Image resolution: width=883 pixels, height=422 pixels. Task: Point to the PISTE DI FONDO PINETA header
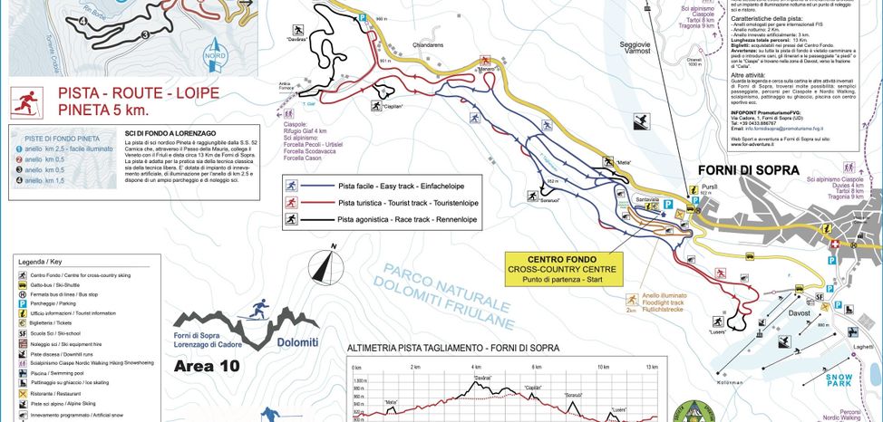[x=51, y=136]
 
